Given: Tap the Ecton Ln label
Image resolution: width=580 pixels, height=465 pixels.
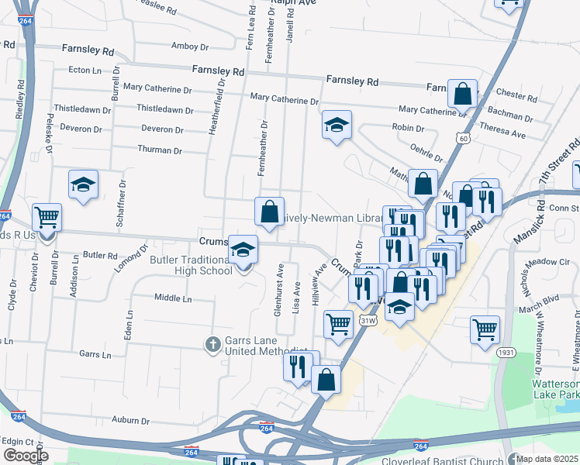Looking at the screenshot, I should pos(85,70).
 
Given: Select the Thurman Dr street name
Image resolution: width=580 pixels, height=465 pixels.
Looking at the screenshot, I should pos(159,150).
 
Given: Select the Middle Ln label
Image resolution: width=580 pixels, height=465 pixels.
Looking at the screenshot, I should pos(173,298).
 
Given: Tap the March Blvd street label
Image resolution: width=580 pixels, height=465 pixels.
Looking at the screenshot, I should pos(540,298).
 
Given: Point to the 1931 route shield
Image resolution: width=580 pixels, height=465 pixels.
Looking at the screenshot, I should pos(507,353).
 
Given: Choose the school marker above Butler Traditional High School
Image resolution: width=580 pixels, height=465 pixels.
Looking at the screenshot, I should pos(243,250).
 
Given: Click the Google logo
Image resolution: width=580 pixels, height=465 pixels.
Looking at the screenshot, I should pos(26,456).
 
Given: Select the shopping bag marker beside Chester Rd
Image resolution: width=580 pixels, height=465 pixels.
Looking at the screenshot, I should pos(462,95).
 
